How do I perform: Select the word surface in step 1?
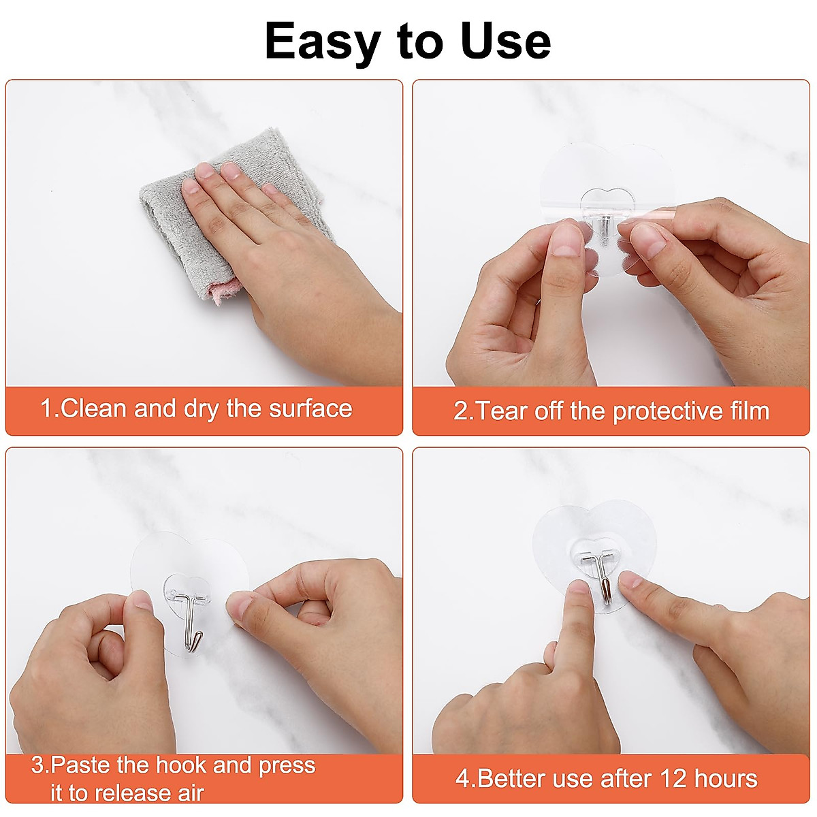pos(310,408)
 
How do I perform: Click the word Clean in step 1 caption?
pos(94,408)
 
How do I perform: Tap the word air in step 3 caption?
pos(191,793)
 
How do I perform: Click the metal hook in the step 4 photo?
pos(603,579)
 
